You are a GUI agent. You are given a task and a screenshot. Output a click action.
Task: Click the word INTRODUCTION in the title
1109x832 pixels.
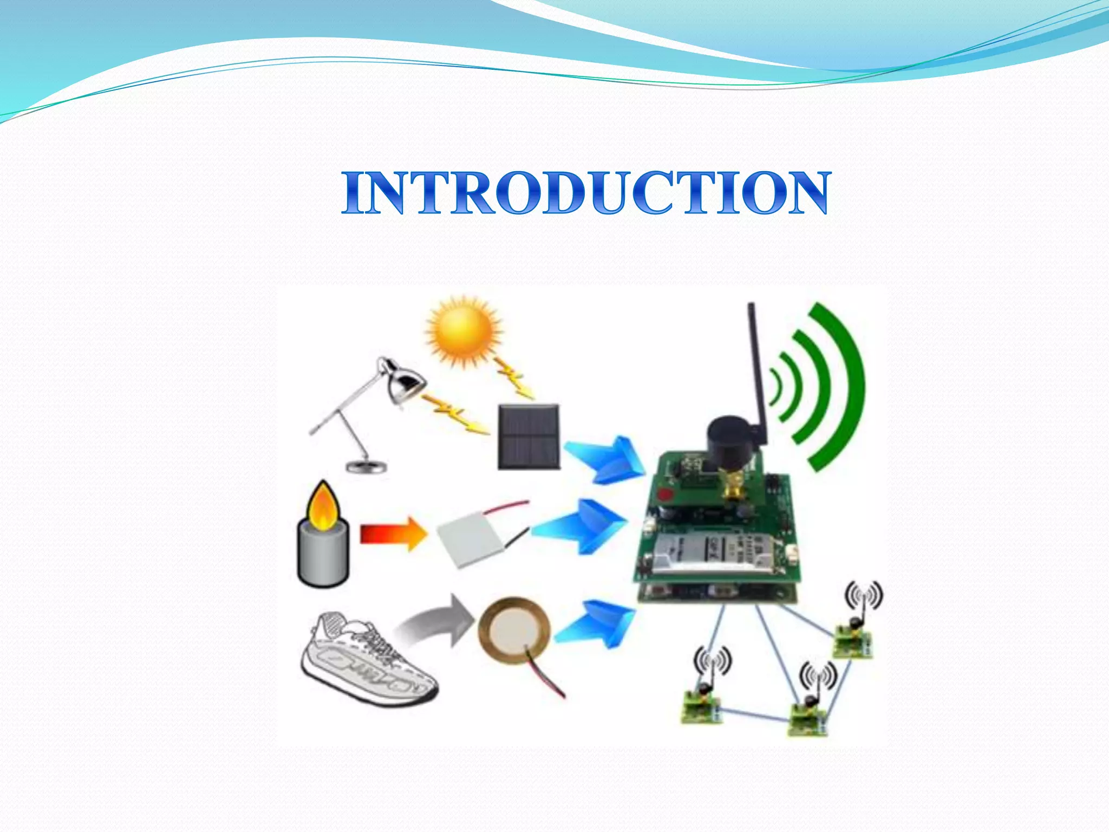[x=585, y=192]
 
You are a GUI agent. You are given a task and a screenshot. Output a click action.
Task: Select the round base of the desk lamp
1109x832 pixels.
[x=367, y=467]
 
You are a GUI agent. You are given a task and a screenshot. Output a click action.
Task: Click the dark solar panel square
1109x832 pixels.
[x=529, y=437]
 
